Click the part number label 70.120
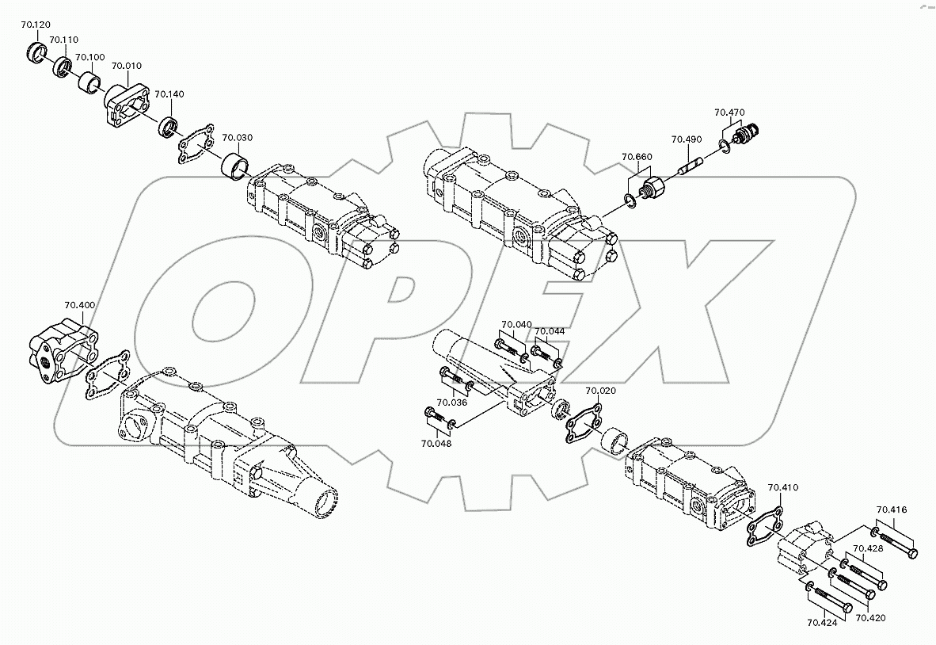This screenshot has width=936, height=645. click(x=35, y=25)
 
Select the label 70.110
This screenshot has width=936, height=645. click(x=63, y=40)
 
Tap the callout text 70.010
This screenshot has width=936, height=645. click(x=127, y=66)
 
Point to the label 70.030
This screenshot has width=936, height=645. click(x=237, y=137)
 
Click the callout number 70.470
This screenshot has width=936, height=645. click(x=729, y=113)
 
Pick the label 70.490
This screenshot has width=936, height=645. click(x=687, y=139)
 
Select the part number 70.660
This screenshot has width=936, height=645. click(x=637, y=157)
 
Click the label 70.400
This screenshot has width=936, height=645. click(x=80, y=305)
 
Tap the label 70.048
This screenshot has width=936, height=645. click(x=436, y=444)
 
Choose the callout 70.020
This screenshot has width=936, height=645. click(x=600, y=391)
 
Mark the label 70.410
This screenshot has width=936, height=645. click(x=782, y=488)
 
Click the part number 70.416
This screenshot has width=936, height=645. click(x=892, y=510)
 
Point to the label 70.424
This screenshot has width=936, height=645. click(x=822, y=623)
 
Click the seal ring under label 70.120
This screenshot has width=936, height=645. click(x=36, y=52)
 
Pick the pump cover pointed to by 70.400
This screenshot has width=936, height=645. click(x=59, y=353)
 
